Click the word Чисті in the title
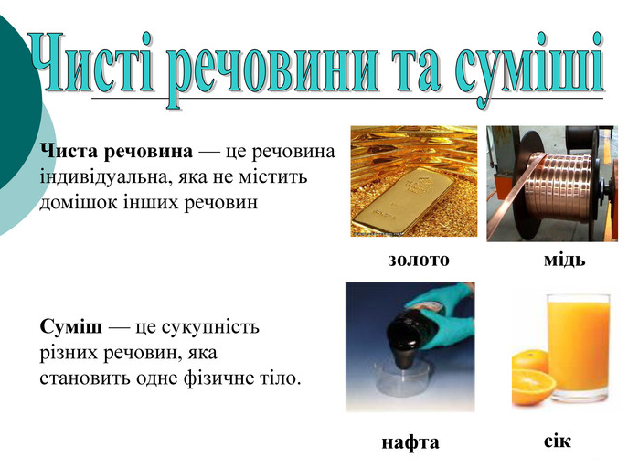90,63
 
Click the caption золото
419,260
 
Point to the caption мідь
564,260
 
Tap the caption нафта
410,442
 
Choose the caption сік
557,441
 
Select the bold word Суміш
71,326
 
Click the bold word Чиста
69,152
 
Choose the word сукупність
210,328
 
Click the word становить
85,378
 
